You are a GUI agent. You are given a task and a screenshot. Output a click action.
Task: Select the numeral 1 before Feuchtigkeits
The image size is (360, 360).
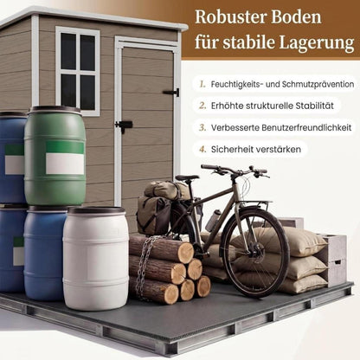(x=202, y=84)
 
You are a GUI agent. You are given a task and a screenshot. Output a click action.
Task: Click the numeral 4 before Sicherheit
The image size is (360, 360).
(x=202, y=150)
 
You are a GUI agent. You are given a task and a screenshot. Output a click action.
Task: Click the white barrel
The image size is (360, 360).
(x=96, y=257)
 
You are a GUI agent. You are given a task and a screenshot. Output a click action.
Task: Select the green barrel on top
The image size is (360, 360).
(x=55, y=156)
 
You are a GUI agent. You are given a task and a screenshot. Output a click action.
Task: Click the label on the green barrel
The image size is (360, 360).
(x=65, y=157)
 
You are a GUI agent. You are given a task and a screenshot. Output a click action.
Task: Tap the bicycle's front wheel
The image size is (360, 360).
(x=255, y=253)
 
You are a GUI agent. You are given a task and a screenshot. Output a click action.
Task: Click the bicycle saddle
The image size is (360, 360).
(x=187, y=177)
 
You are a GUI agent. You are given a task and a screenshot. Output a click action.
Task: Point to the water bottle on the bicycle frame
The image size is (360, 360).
(x=213, y=220)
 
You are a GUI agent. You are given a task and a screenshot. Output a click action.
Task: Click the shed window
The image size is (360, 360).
(x=78, y=71)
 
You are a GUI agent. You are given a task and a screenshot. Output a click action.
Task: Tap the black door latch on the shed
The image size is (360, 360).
(x=124, y=125)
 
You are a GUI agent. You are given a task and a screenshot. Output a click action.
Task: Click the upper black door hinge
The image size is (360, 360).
(x=171, y=93)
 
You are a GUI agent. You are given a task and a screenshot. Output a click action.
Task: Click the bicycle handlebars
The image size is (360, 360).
(x=235, y=170)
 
